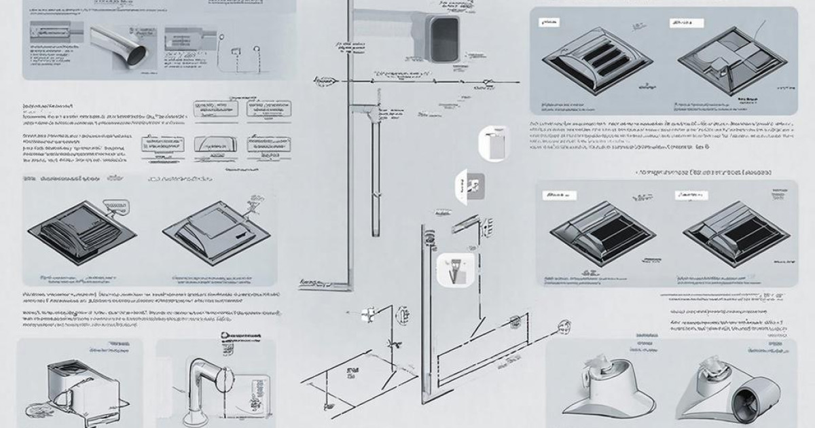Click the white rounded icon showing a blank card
pyautogui.click(x=494, y=143)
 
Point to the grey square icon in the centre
pyautogui.click(x=473, y=185)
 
